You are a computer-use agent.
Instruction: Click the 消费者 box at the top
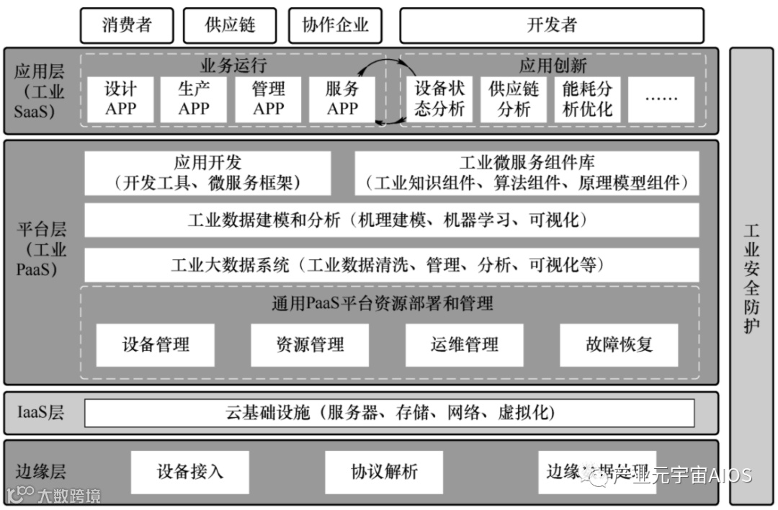pos(127,25)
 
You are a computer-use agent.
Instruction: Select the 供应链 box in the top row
pos(231,25)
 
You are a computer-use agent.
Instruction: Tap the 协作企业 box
pos(335,25)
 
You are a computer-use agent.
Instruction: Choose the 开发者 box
pos(551,25)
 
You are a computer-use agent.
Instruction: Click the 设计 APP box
pos(120,99)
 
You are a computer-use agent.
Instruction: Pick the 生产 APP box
pos(194,99)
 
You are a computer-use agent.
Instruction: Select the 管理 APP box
pos(268,99)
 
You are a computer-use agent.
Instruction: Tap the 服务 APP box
pos(342,99)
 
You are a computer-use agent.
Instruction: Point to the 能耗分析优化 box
pos(587,99)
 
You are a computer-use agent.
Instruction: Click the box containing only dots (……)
pos(661,99)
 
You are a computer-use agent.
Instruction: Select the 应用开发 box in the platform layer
pos(207,173)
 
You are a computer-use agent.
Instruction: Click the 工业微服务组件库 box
pos(527,173)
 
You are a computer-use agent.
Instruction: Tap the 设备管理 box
pos(156,344)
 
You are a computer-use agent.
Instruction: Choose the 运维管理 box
pos(465,344)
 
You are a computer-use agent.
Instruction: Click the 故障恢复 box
pos(619,344)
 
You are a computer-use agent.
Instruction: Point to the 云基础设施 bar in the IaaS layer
pos(389,413)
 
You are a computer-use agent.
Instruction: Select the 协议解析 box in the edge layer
pos(384,472)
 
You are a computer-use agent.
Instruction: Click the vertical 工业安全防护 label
pos(751,277)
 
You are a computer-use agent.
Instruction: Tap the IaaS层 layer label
pos(40,413)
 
